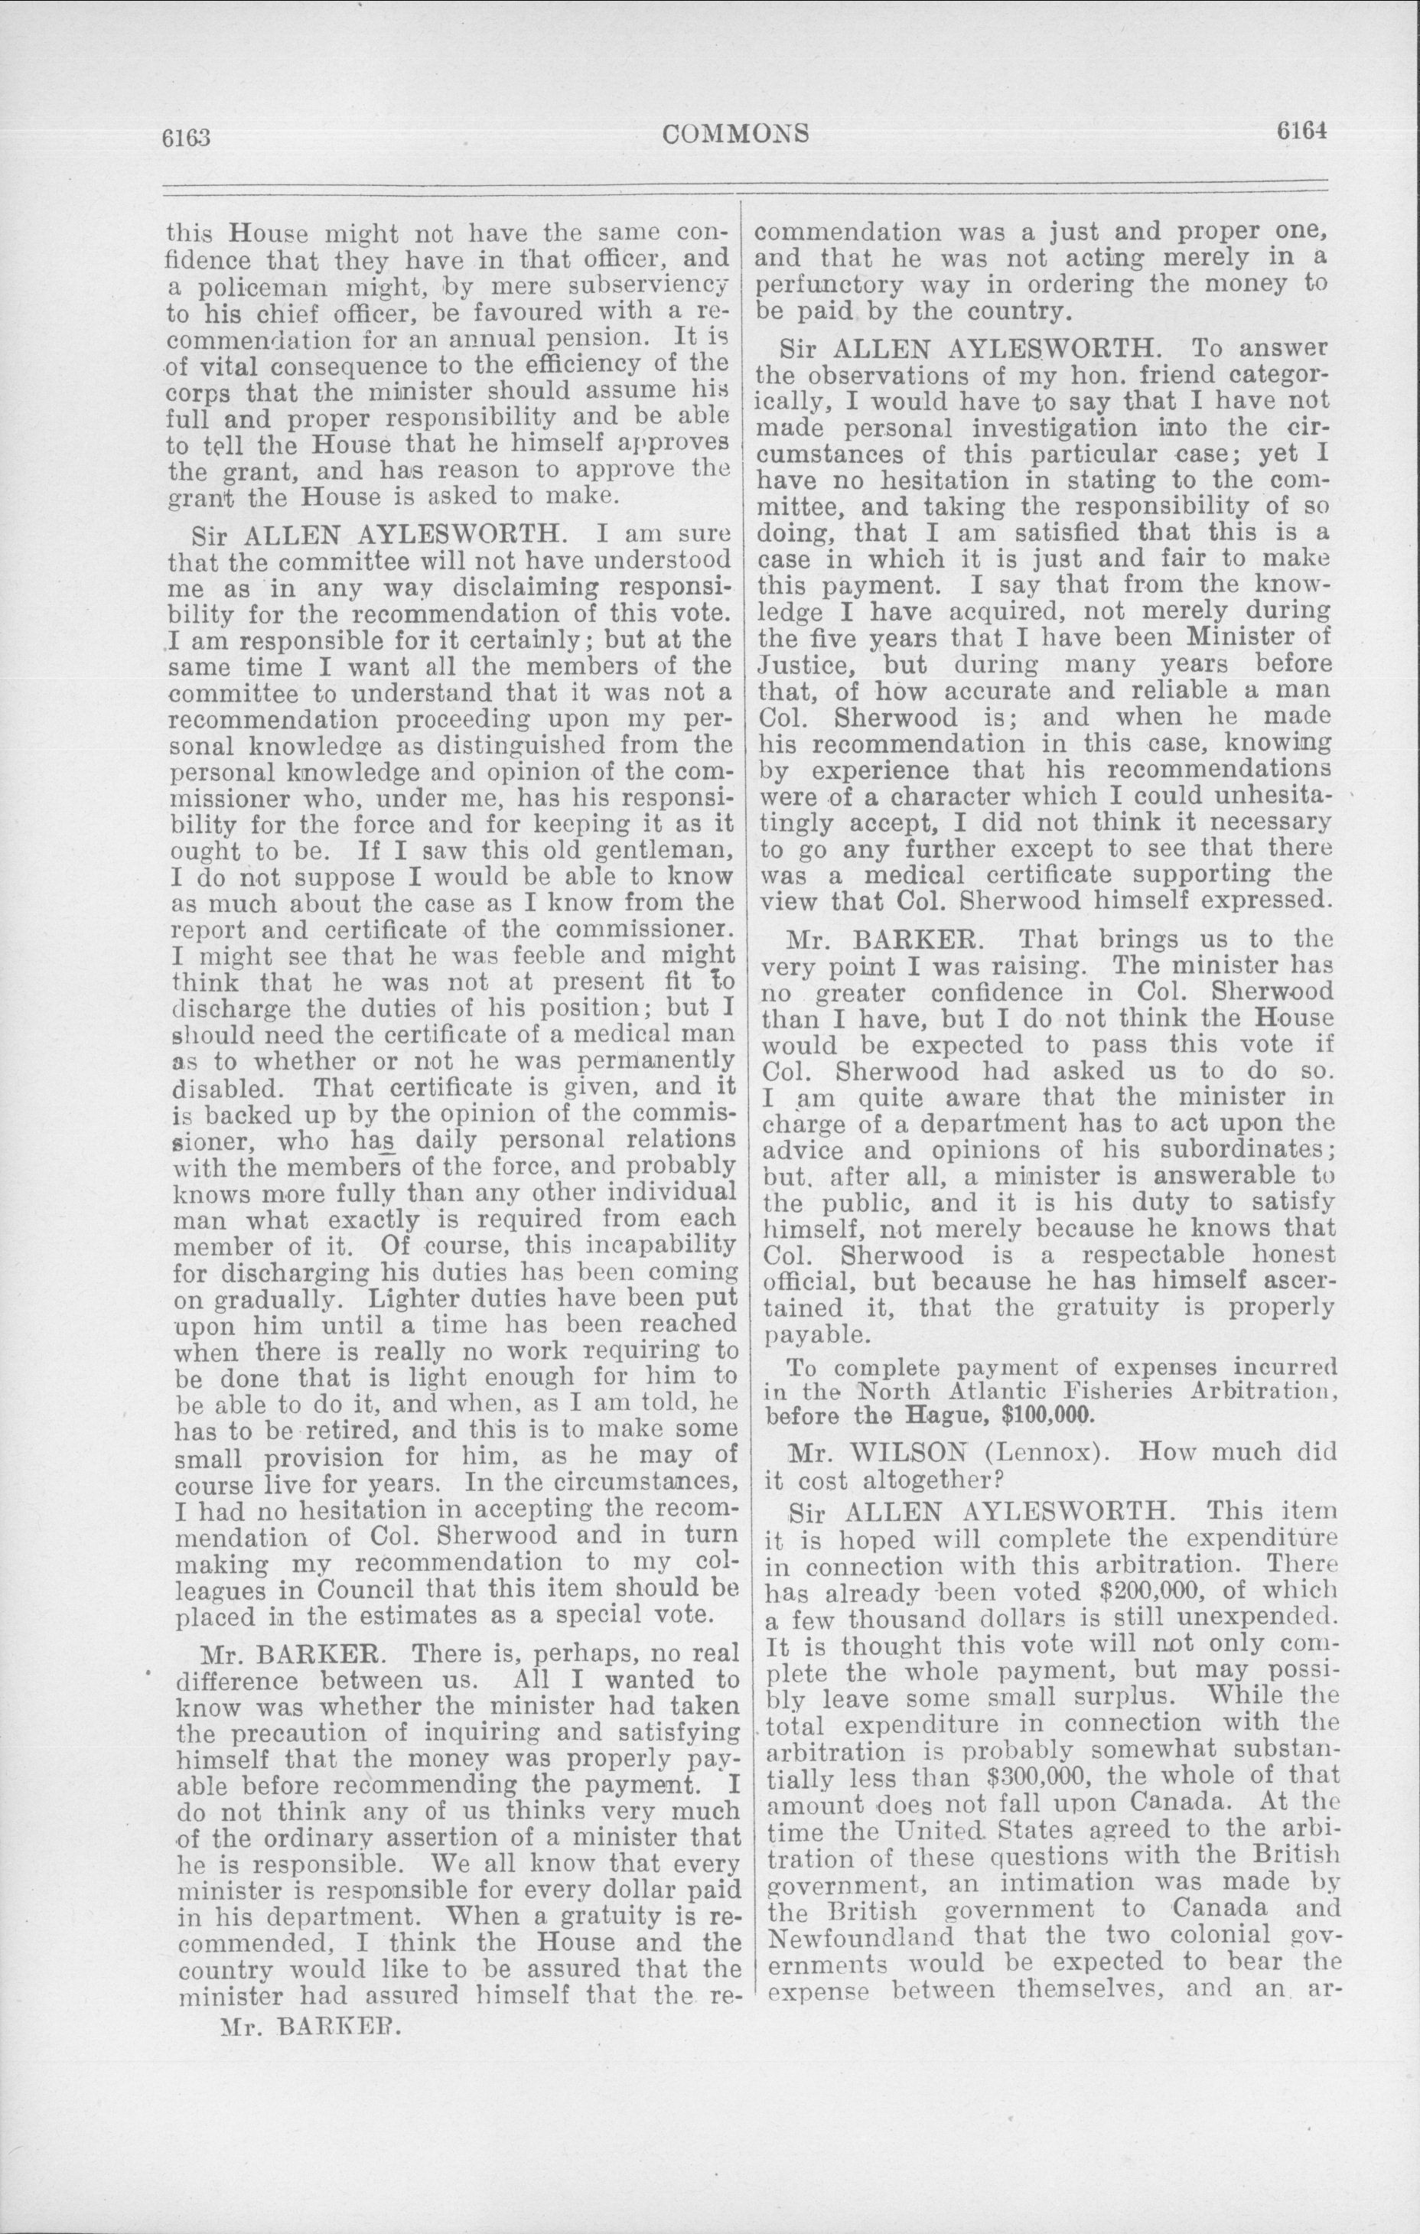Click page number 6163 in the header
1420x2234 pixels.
[x=187, y=138]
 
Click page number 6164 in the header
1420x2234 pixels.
[x=1301, y=132]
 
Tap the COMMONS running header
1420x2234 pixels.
[x=737, y=135]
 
